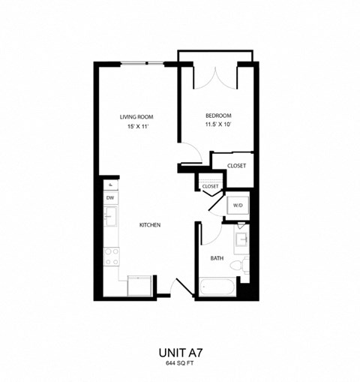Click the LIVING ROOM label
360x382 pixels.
(x=136, y=116)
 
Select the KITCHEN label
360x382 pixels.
(x=151, y=224)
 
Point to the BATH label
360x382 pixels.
(x=217, y=257)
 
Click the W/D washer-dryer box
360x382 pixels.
(x=237, y=205)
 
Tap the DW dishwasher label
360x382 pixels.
(x=109, y=198)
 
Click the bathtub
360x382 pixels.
(x=217, y=287)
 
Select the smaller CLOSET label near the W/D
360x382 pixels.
(x=209, y=186)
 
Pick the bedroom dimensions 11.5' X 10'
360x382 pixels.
(x=218, y=126)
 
